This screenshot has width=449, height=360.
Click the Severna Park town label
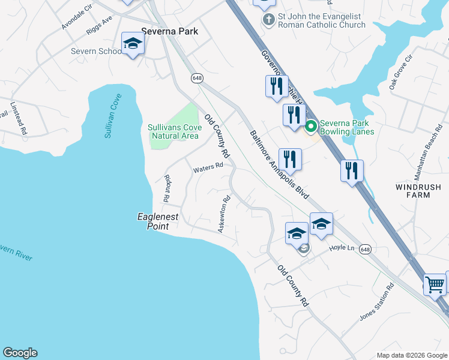[x=169, y=31]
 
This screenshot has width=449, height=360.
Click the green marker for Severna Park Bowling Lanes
[x=311, y=126]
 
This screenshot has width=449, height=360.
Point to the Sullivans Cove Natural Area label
[x=173, y=131]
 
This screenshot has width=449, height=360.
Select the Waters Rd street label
[x=208, y=169]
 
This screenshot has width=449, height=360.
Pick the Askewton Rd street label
[x=224, y=215]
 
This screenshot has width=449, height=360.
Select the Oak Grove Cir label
[x=402, y=72]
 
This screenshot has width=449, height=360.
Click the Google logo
[x=20, y=353]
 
